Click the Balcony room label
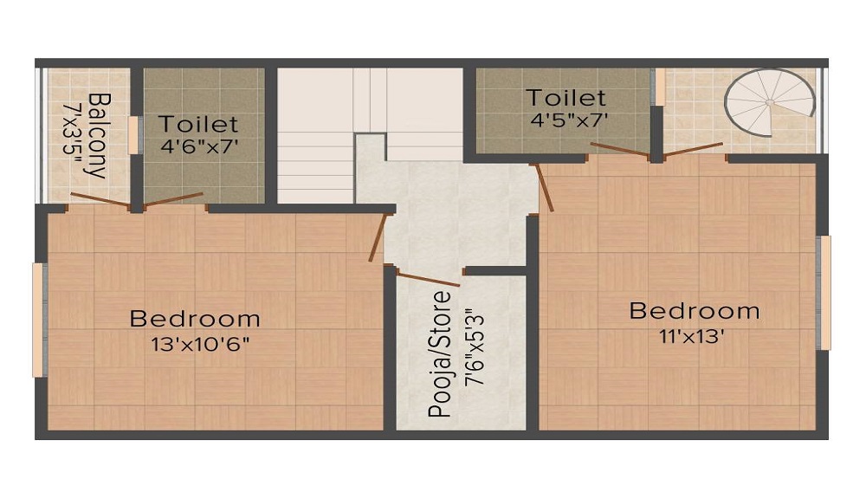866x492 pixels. point(96,135)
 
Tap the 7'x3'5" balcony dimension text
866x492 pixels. point(72,135)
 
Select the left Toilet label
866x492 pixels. point(198,124)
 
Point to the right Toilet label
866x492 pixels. point(567,97)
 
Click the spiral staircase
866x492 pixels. point(770,103)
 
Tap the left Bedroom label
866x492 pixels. point(195,319)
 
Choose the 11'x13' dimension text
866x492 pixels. point(689,334)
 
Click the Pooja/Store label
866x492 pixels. point(441,355)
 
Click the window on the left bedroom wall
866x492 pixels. point(38,320)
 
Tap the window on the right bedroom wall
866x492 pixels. point(824,292)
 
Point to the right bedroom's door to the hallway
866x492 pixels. point(545,186)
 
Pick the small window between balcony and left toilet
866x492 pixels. point(133,135)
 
